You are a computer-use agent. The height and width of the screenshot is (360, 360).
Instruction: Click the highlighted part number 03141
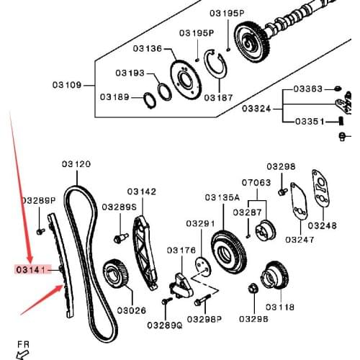pyautogui.click(x=30, y=270)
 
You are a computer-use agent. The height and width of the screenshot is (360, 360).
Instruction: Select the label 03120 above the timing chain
pyautogui.click(x=76, y=164)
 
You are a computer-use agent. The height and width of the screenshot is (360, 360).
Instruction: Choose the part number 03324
pyautogui.click(x=256, y=109)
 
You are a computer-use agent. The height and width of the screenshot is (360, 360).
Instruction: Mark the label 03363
pyautogui.click(x=309, y=89)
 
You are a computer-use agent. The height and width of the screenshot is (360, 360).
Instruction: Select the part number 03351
pyautogui.click(x=309, y=122)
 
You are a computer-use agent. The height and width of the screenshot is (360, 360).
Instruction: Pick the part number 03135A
pyautogui.click(x=222, y=197)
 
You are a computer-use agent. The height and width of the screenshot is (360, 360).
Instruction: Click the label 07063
pyautogui.click(x=256, y=183)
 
